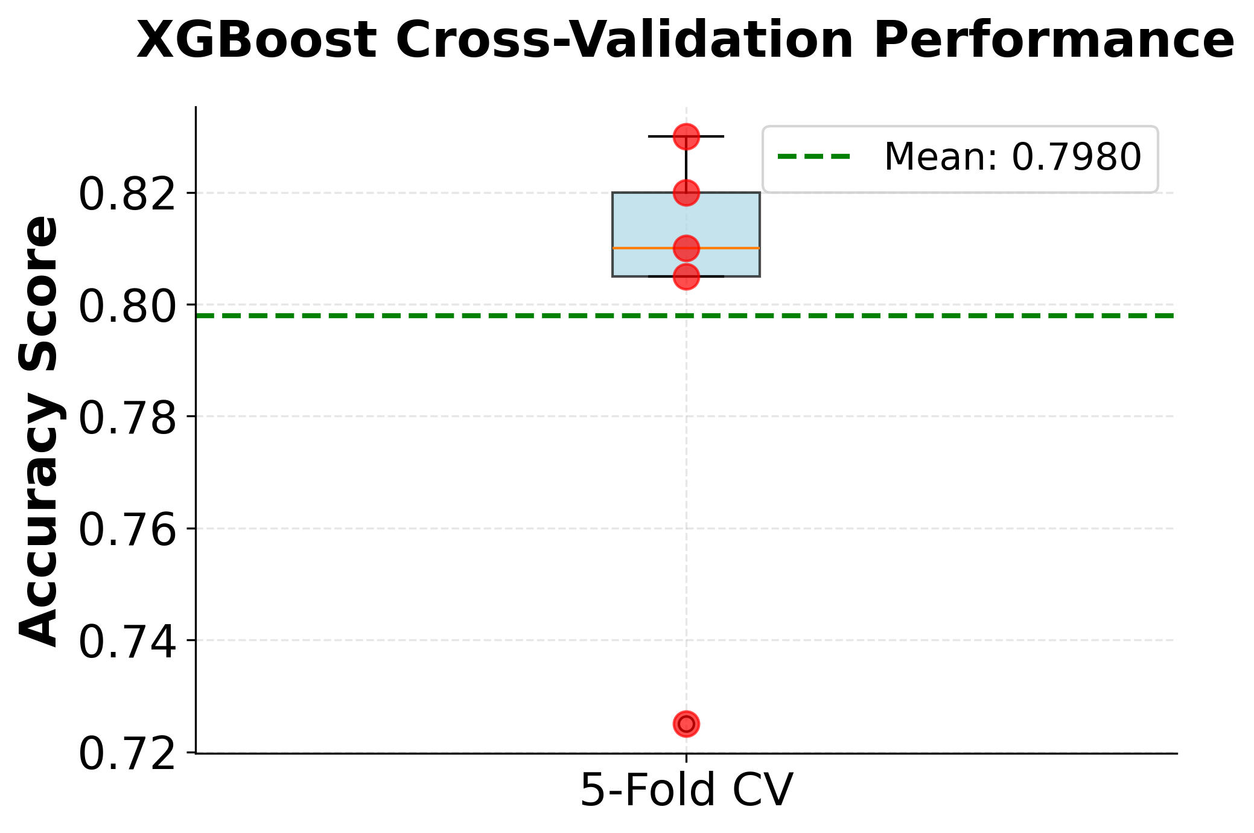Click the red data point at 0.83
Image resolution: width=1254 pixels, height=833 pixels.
(686, 136)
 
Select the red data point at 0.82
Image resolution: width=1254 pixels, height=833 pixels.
(686, 193)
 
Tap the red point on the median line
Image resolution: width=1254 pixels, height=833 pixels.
(686, 247)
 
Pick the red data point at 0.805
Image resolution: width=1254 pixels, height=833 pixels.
(686, 276)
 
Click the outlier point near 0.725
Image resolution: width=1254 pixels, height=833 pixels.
(686, 723)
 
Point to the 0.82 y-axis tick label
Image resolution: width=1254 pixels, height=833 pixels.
(127, 194)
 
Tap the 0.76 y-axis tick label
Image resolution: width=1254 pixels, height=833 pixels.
(127, 530)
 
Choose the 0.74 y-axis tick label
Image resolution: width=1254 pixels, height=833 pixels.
(127, 642)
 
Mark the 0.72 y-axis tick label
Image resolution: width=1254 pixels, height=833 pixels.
(127, 754)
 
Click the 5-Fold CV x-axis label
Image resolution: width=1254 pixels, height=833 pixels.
(686, 790)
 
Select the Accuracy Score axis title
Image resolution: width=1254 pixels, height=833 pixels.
(38, 431)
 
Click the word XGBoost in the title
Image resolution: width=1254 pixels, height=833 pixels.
(256, 41)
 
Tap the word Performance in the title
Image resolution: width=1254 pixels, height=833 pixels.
(1053, 41)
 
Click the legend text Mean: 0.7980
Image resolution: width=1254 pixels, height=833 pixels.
(1012, 157)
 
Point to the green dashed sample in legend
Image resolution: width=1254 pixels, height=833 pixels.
(814, 157)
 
